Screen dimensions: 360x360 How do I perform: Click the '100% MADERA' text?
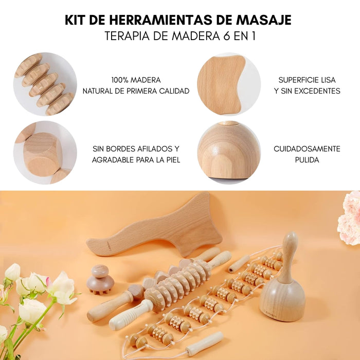[136, 80]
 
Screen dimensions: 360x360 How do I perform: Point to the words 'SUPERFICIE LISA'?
[307, 80]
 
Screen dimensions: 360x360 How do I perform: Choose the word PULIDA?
[307, 160]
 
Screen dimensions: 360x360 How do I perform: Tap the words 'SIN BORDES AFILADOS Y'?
[136, 149]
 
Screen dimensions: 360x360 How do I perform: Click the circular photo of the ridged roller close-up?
[45, 84]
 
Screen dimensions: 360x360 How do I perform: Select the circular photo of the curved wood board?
[228, 84]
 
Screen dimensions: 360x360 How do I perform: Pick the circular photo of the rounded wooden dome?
[228, 152]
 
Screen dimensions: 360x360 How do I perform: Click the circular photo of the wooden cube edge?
[45, 152]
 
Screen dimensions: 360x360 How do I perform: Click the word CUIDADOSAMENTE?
[307, 149]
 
